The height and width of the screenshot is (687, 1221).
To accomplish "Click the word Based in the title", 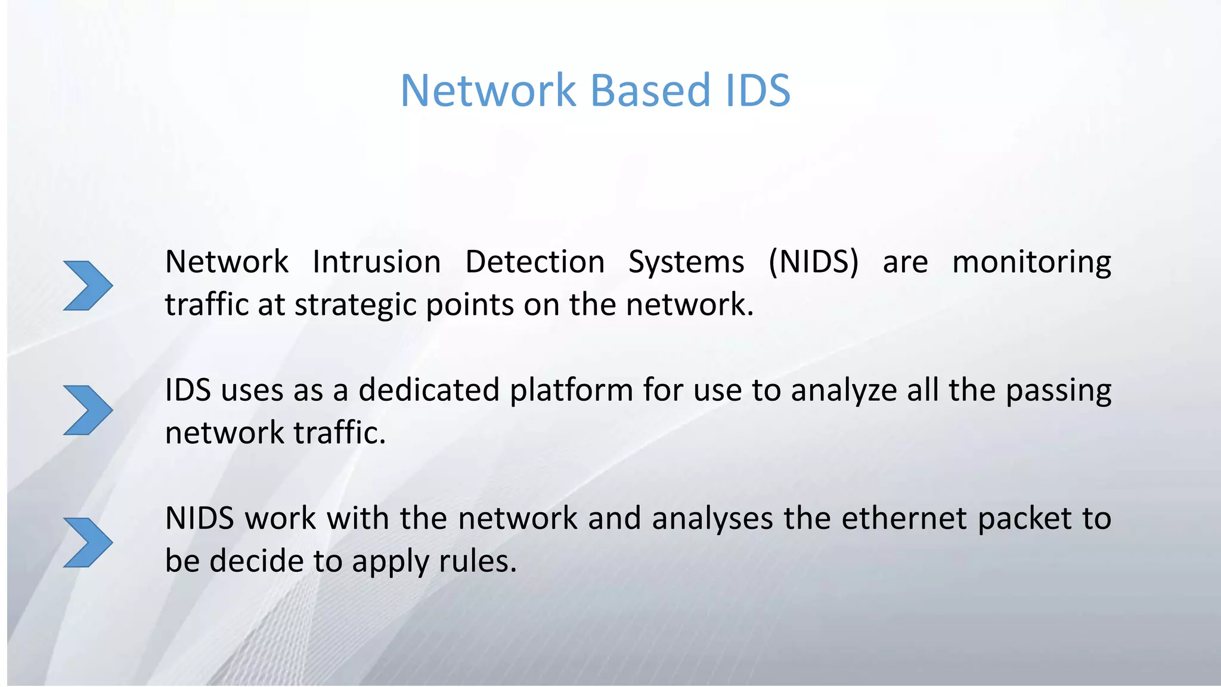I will [x=650, y=91].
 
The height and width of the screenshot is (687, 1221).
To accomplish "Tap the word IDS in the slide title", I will [x=757, y=91].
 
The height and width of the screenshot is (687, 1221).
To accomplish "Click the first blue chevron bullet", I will [x=88, y=286].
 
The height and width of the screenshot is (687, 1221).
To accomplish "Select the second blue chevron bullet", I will [x=88, y=410].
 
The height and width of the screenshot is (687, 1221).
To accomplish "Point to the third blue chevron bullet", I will [x=88, y=543].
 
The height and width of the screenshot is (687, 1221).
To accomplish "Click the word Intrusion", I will [x=376, y=262].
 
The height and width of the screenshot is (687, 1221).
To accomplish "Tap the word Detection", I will [x=535, y=262].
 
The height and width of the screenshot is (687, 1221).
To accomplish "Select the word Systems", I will [x=686, y=262].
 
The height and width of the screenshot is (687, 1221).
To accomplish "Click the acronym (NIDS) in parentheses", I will [x=814, y=262].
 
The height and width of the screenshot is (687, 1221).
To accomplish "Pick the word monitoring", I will [x=1031, y=262].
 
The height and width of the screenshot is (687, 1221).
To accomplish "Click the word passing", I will [x=1058, y=391].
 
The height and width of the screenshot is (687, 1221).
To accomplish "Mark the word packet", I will [x=1024, y=519].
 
